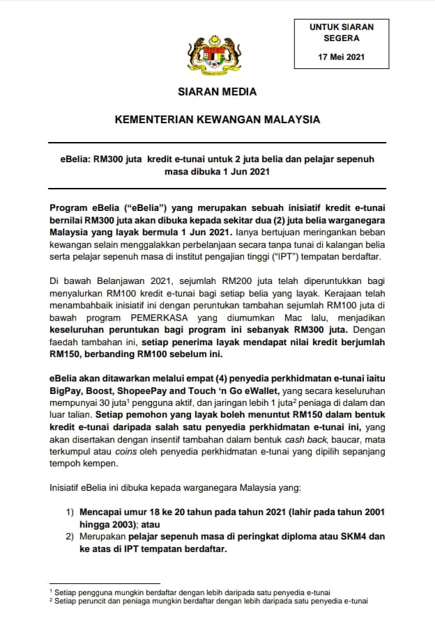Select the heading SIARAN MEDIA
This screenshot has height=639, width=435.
click(x=217, y=91)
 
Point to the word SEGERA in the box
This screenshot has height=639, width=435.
click(x=342, y=38)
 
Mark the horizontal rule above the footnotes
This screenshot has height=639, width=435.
click(x=105, y=584)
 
